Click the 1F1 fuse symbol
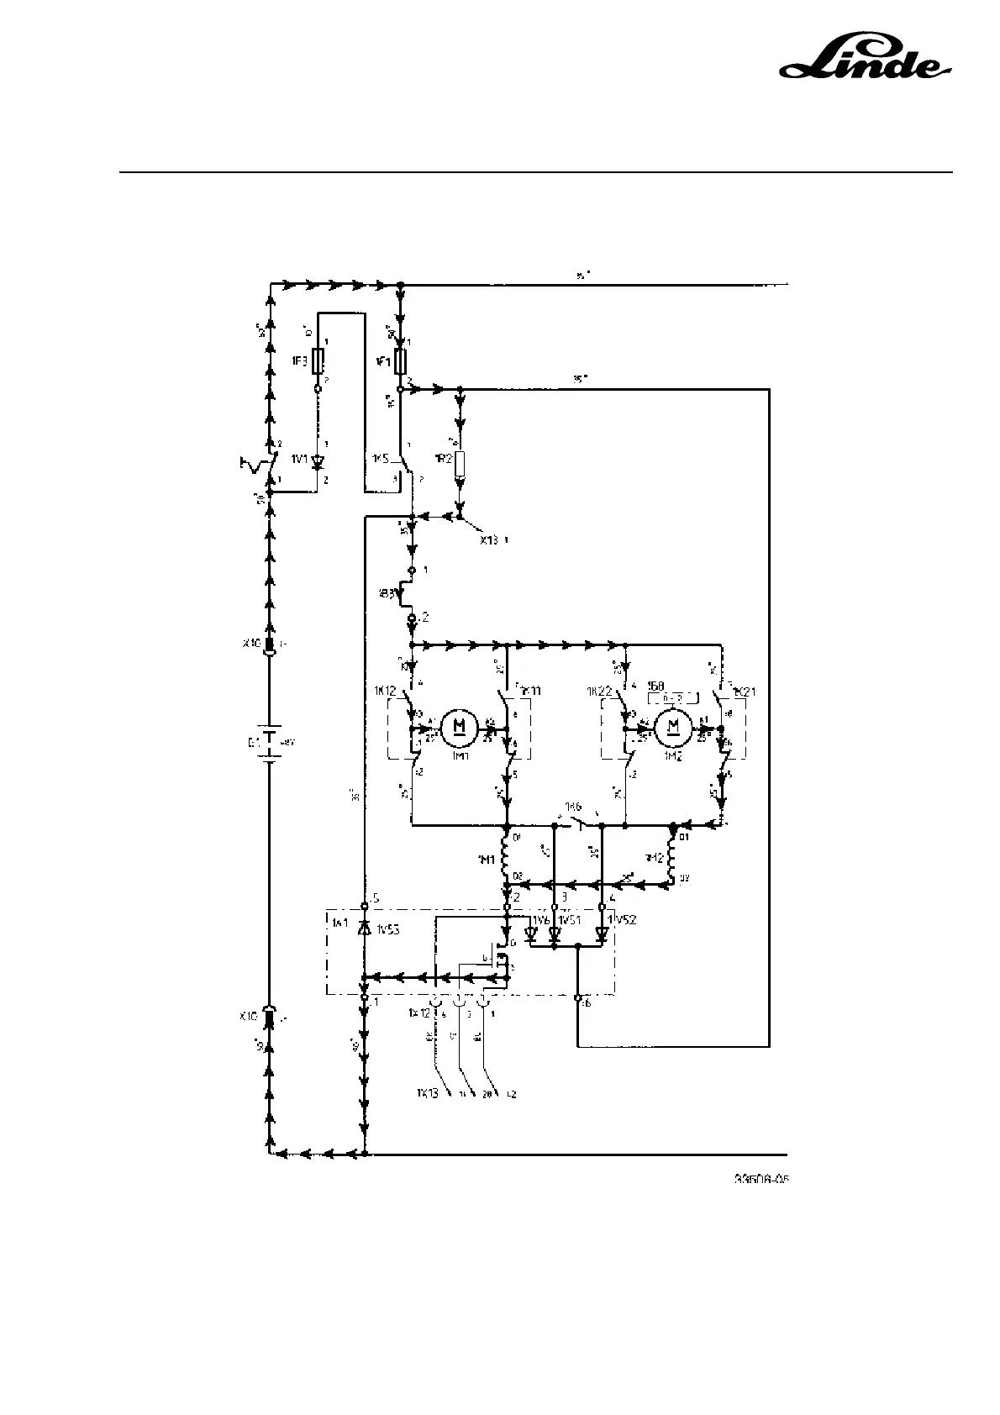click(x=401, y=362)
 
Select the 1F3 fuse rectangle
click(x=318, y=362)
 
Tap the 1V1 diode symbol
click(x=318, y=461)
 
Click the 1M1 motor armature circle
click(x=459, y=725)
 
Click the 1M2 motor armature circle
click(x=671, y=725)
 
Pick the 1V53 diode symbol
click(x=364, y=929)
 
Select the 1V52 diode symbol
click(x=602, y=934)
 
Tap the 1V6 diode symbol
click(x=531, y=934)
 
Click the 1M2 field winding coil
click(x=672, y=859)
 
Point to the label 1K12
click(x=386, y=691)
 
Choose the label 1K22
click(x=599, y=691)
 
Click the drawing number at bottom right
click(x=761, y=1180)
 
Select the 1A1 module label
click(x=338, y=923)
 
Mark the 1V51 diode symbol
click(x=554, y=934)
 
